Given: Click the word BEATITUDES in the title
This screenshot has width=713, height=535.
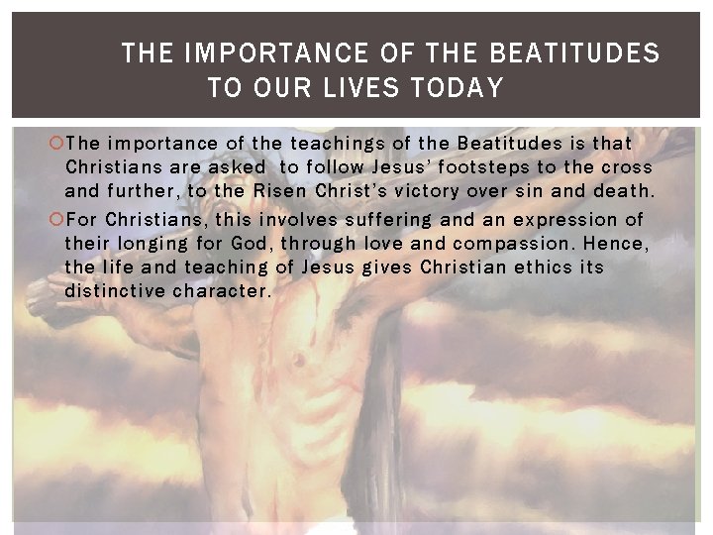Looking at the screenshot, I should tap(574, 53).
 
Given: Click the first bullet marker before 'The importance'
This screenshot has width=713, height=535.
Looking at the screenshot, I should tap(56, 145).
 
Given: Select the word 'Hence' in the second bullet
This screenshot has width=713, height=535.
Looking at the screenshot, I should tap(615, 243).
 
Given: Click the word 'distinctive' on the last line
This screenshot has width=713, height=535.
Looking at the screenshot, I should tap(114, 290).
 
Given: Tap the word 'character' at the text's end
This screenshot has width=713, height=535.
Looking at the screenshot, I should tap(219, 290).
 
